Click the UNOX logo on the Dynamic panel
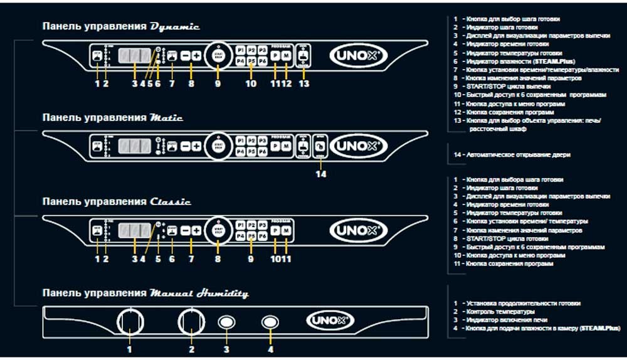(345, 55)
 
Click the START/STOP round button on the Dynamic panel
(218, 55)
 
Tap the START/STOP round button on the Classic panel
(218, 230)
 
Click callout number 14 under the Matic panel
(320, 174)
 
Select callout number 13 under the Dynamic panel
(304, 83)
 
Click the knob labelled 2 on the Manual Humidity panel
(191, 322)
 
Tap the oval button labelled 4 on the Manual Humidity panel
(270, 322)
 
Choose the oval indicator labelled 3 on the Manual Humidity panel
(226, 322)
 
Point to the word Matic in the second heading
(166, 117)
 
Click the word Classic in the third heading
(171, 202)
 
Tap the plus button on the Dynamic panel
(196, 55)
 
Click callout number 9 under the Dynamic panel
(218, 83)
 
